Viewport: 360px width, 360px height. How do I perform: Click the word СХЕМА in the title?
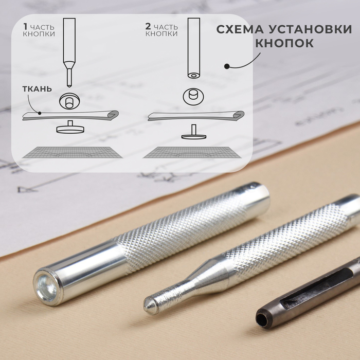point(240,29)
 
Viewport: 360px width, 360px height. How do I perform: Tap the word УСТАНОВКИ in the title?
point(311,29)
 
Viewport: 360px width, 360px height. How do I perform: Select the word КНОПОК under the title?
point(284,43)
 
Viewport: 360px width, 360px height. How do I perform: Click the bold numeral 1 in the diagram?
point(25,27)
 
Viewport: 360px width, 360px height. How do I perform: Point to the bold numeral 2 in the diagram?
point(148,27)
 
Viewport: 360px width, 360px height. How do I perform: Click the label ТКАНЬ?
point(37,89)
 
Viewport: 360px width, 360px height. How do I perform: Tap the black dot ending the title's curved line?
point(227,66)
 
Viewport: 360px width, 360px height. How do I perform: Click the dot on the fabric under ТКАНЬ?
point(40,113)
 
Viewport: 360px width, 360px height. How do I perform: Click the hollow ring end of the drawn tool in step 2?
point(193,75)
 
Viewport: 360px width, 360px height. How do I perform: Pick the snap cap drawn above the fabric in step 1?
point(69,100)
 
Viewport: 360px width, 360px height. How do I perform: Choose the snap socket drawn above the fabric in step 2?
point(193,97)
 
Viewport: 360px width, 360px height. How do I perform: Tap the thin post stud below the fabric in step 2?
point(193,132)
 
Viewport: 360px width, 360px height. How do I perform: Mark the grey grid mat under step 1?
point(72,152)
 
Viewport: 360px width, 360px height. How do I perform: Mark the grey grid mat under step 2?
point(192,152)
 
